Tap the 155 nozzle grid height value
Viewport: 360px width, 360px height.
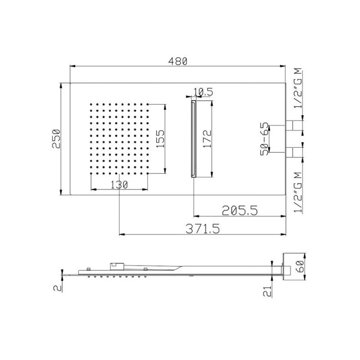pos(161,138)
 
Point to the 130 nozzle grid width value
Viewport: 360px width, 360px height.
pos(119,184)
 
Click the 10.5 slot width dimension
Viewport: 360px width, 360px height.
pos(202,92)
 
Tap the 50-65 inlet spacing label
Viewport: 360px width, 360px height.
pos(265,139)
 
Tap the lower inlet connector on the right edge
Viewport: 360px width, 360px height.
pos(294,152)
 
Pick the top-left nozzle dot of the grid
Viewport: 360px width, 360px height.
pos(91,104)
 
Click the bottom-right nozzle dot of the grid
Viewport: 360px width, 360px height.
pos(147,173)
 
